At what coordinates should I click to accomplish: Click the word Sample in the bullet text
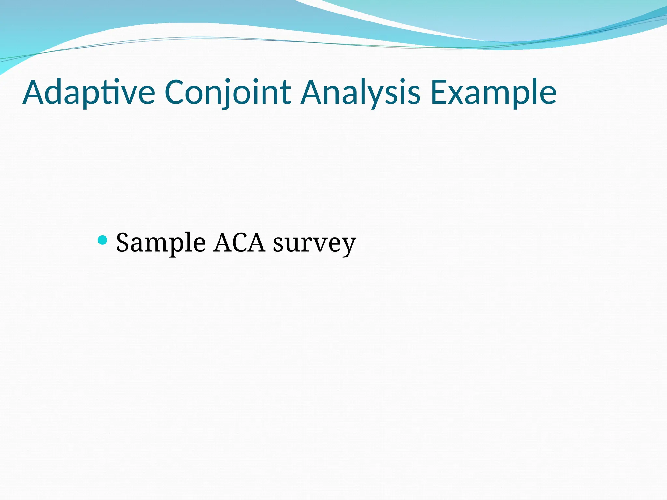pyautogui.click(x=161, y=243)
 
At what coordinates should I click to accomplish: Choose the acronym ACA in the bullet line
pyautogui.click(x=239, y=243)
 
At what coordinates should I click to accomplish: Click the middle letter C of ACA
pyautogui.click(x=239, y=243)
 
